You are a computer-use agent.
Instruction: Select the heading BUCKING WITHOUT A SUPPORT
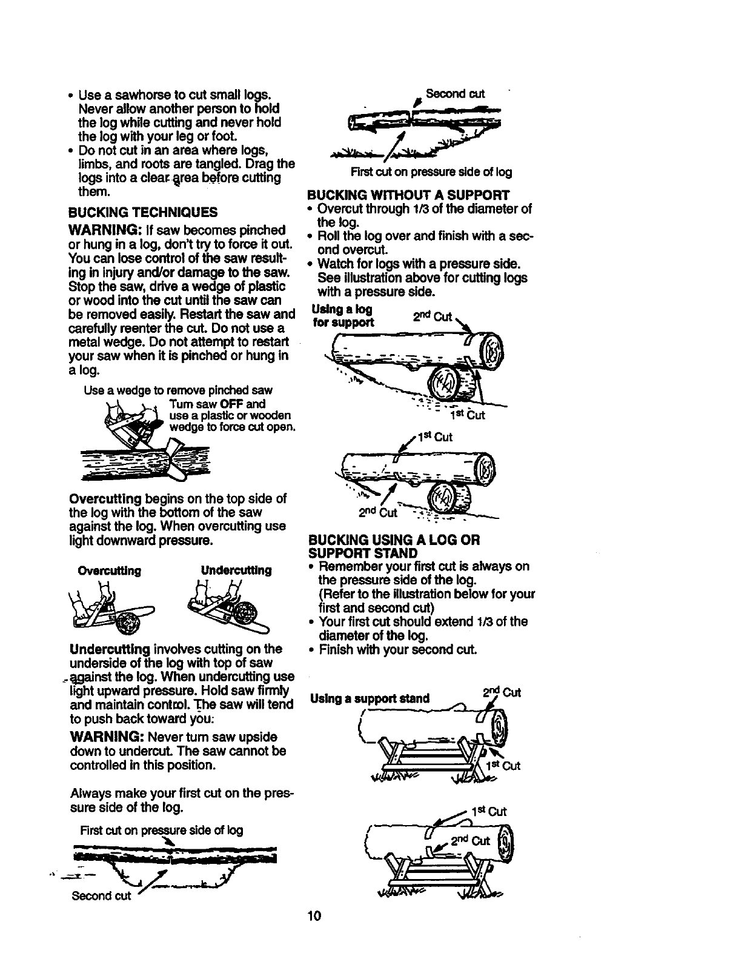click(x=408, y=195)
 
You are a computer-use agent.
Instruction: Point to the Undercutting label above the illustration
click(x=236, y=571)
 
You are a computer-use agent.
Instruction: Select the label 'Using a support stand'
click(x=370, y=698)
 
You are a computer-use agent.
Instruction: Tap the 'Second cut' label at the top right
click(x=455, y=94)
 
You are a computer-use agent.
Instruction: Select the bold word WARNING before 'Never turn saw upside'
click(x=106, y=737)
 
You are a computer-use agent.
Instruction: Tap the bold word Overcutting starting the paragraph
click(x=105, y=498)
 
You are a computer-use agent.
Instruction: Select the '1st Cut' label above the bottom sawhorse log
click(x=493, y=812)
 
